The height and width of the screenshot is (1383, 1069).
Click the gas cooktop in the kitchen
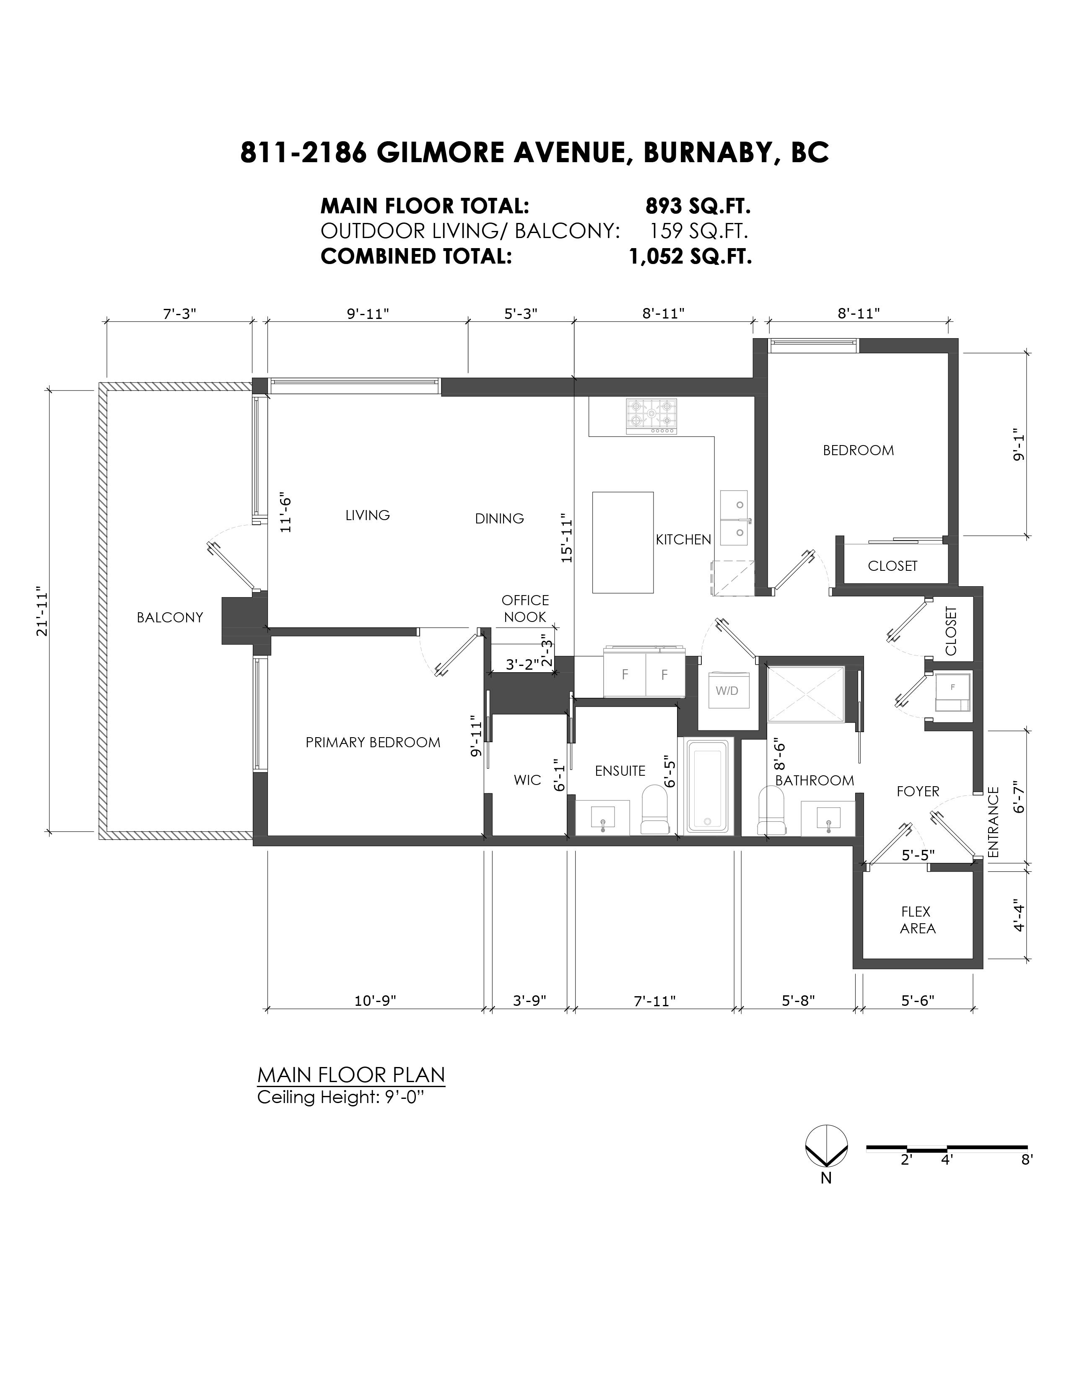point(651,416)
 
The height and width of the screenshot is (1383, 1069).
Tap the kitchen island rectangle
point(623,542)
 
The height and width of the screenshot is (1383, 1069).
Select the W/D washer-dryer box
point(727,690)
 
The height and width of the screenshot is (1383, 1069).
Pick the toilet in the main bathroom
point(772,810)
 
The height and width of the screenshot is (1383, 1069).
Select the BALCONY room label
point(170,617)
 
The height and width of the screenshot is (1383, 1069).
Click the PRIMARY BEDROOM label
point(373,742)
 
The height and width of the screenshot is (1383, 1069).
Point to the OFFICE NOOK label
point(525,609)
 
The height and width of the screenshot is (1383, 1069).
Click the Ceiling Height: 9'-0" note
point(340,1097)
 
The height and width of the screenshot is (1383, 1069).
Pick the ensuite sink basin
point(602,818)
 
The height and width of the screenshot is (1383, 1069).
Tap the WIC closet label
point(527,780)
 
